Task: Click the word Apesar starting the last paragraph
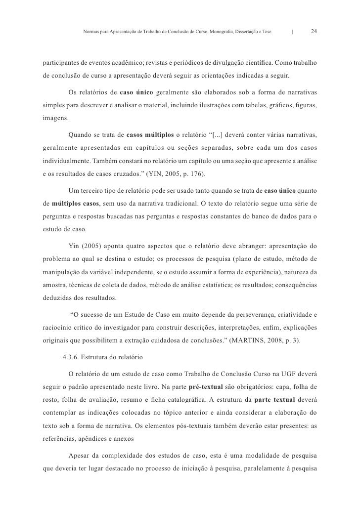[80, 454]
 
